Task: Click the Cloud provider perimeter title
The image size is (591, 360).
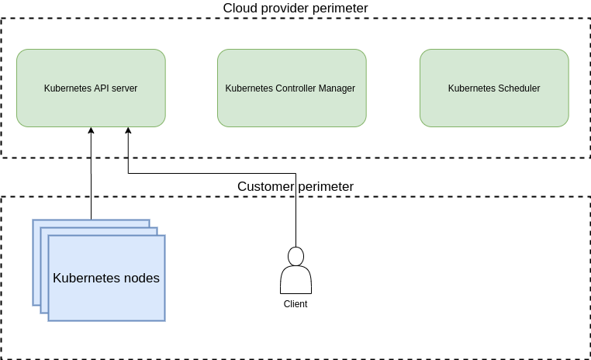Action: (295, 8)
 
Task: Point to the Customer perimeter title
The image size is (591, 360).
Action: (295, 186)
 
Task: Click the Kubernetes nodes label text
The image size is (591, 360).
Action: (106, 278)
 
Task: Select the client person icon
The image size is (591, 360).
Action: (295, 271)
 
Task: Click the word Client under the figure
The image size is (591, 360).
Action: (295, 304)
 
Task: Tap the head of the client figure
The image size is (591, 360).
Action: (295, 255)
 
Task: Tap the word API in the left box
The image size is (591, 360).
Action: (102, 88)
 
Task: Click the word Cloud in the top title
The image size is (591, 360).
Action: (239, 8)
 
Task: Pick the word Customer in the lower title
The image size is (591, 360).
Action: (265, 186)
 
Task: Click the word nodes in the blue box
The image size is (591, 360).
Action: (141, 278)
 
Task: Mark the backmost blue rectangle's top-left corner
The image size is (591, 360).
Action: (34, 221)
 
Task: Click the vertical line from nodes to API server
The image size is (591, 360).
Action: (91, 178)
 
